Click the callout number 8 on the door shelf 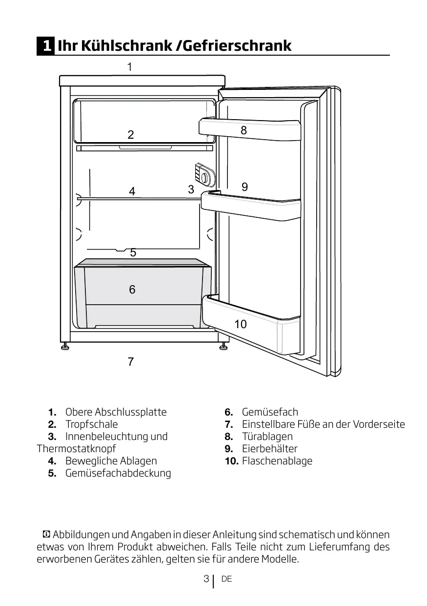[244, 130]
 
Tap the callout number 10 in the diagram [240, 324]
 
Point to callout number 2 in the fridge [131, 135]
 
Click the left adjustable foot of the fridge [65, 346]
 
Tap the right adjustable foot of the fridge [223, 346]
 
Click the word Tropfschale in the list [91, 424]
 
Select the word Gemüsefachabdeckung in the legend [118, 473]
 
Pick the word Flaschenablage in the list [277, 460]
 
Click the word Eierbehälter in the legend [269, 448]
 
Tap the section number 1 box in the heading [46, 46]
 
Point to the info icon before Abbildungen [46, 535]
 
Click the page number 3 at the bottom [206, 579]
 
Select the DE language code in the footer [226, 579]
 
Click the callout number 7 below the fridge [130, 362]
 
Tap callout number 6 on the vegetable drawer [132, 290]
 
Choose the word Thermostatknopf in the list [76, 448]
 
